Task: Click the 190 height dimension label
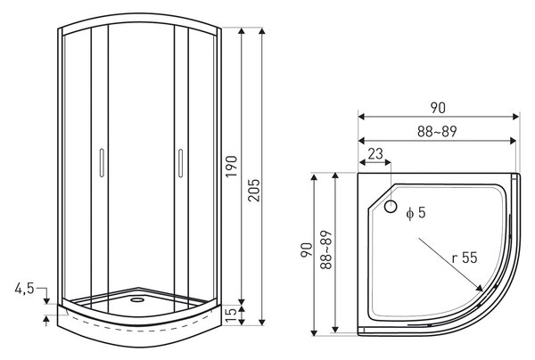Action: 231,166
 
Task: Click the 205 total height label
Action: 253,190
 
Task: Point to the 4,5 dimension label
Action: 24,289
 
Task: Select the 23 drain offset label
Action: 375,154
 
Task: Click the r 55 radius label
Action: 465,258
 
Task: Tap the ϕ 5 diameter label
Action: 416,213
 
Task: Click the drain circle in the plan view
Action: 391,206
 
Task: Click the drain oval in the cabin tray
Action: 137,300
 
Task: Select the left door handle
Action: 102,162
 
